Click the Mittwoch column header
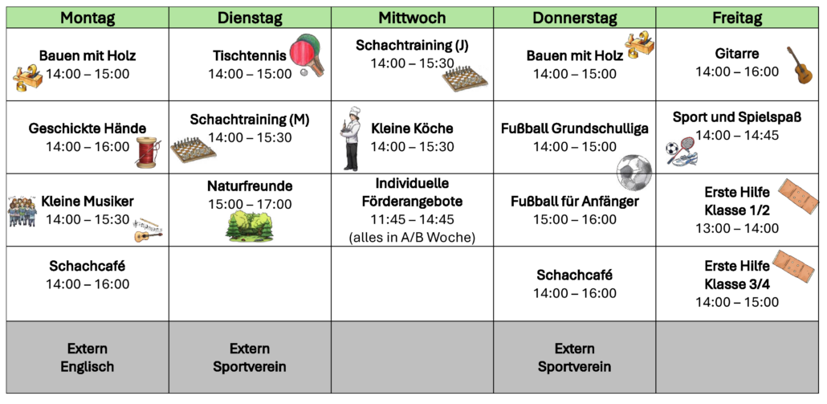[x=413, y=18]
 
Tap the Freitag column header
[x=737, y=18]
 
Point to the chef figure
[x=351, y=139]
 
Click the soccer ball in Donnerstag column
[x=634, y=172]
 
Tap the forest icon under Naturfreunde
[x=250, y=226]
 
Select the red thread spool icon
[x=149, y=153]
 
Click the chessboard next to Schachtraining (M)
[x=193, y=150]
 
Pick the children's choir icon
[x=22, y=211]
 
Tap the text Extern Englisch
[x=88, y=357]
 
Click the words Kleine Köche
[x=412, y=129]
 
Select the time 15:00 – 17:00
[x=250, y=203]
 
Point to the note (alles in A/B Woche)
[x=412, y=238]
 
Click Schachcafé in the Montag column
[x=88, y=266]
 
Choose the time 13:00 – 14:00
[x=737, y=228]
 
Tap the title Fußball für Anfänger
[x=574, y=202]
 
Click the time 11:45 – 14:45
[x=412, y=219]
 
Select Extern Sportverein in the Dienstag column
[x=250, y=357]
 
